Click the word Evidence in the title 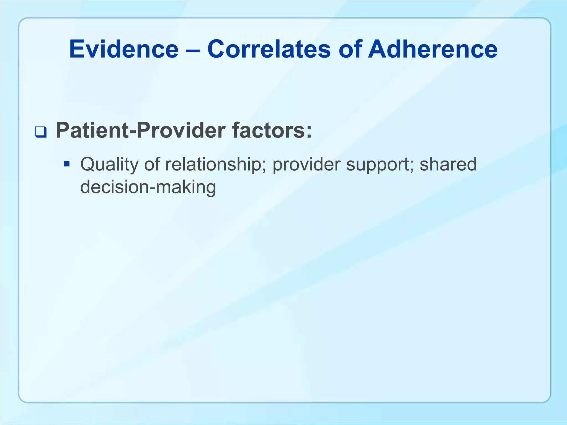point(124,49)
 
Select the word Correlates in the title point(269,49)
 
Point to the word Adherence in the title point(433,49)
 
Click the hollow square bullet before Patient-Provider point(41,132)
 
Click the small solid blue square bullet point(66,164)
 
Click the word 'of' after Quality point(152,164)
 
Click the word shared point(448,164)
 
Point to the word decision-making point(148,187)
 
